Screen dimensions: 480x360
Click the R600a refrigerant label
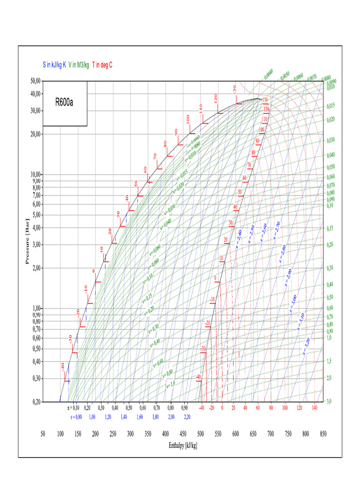point(65,103)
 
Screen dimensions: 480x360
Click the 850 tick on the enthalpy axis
point(322,434)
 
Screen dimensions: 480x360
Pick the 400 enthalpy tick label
point(165,434)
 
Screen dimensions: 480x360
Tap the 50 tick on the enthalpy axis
point(43,434)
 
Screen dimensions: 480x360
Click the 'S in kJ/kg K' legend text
point(54,65)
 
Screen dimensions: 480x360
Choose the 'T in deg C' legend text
point(102,65)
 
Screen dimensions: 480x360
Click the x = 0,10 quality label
point(73,408)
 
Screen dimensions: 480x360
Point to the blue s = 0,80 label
point(75,416)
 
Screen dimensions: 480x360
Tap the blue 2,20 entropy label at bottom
point(187,416)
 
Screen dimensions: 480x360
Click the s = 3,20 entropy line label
point(307,345)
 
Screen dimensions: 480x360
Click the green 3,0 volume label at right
point(330,402)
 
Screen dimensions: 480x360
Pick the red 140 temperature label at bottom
point(314,408)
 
